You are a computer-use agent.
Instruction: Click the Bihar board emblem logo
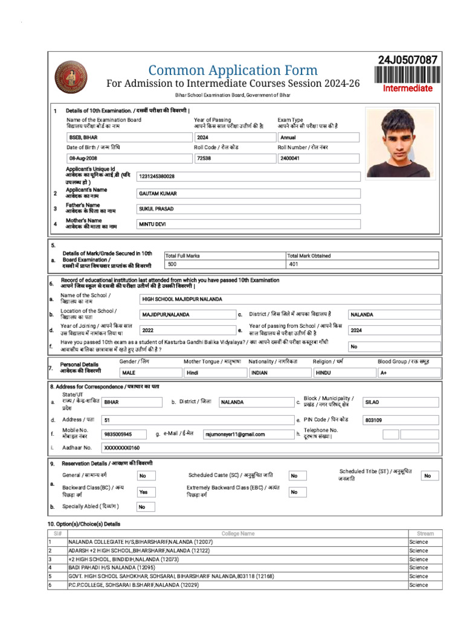pos(71,77)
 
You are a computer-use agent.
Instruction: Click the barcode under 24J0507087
pos(408,74)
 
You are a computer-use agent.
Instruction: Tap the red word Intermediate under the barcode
pos(408,88)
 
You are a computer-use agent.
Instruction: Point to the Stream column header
pos(425,534)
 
